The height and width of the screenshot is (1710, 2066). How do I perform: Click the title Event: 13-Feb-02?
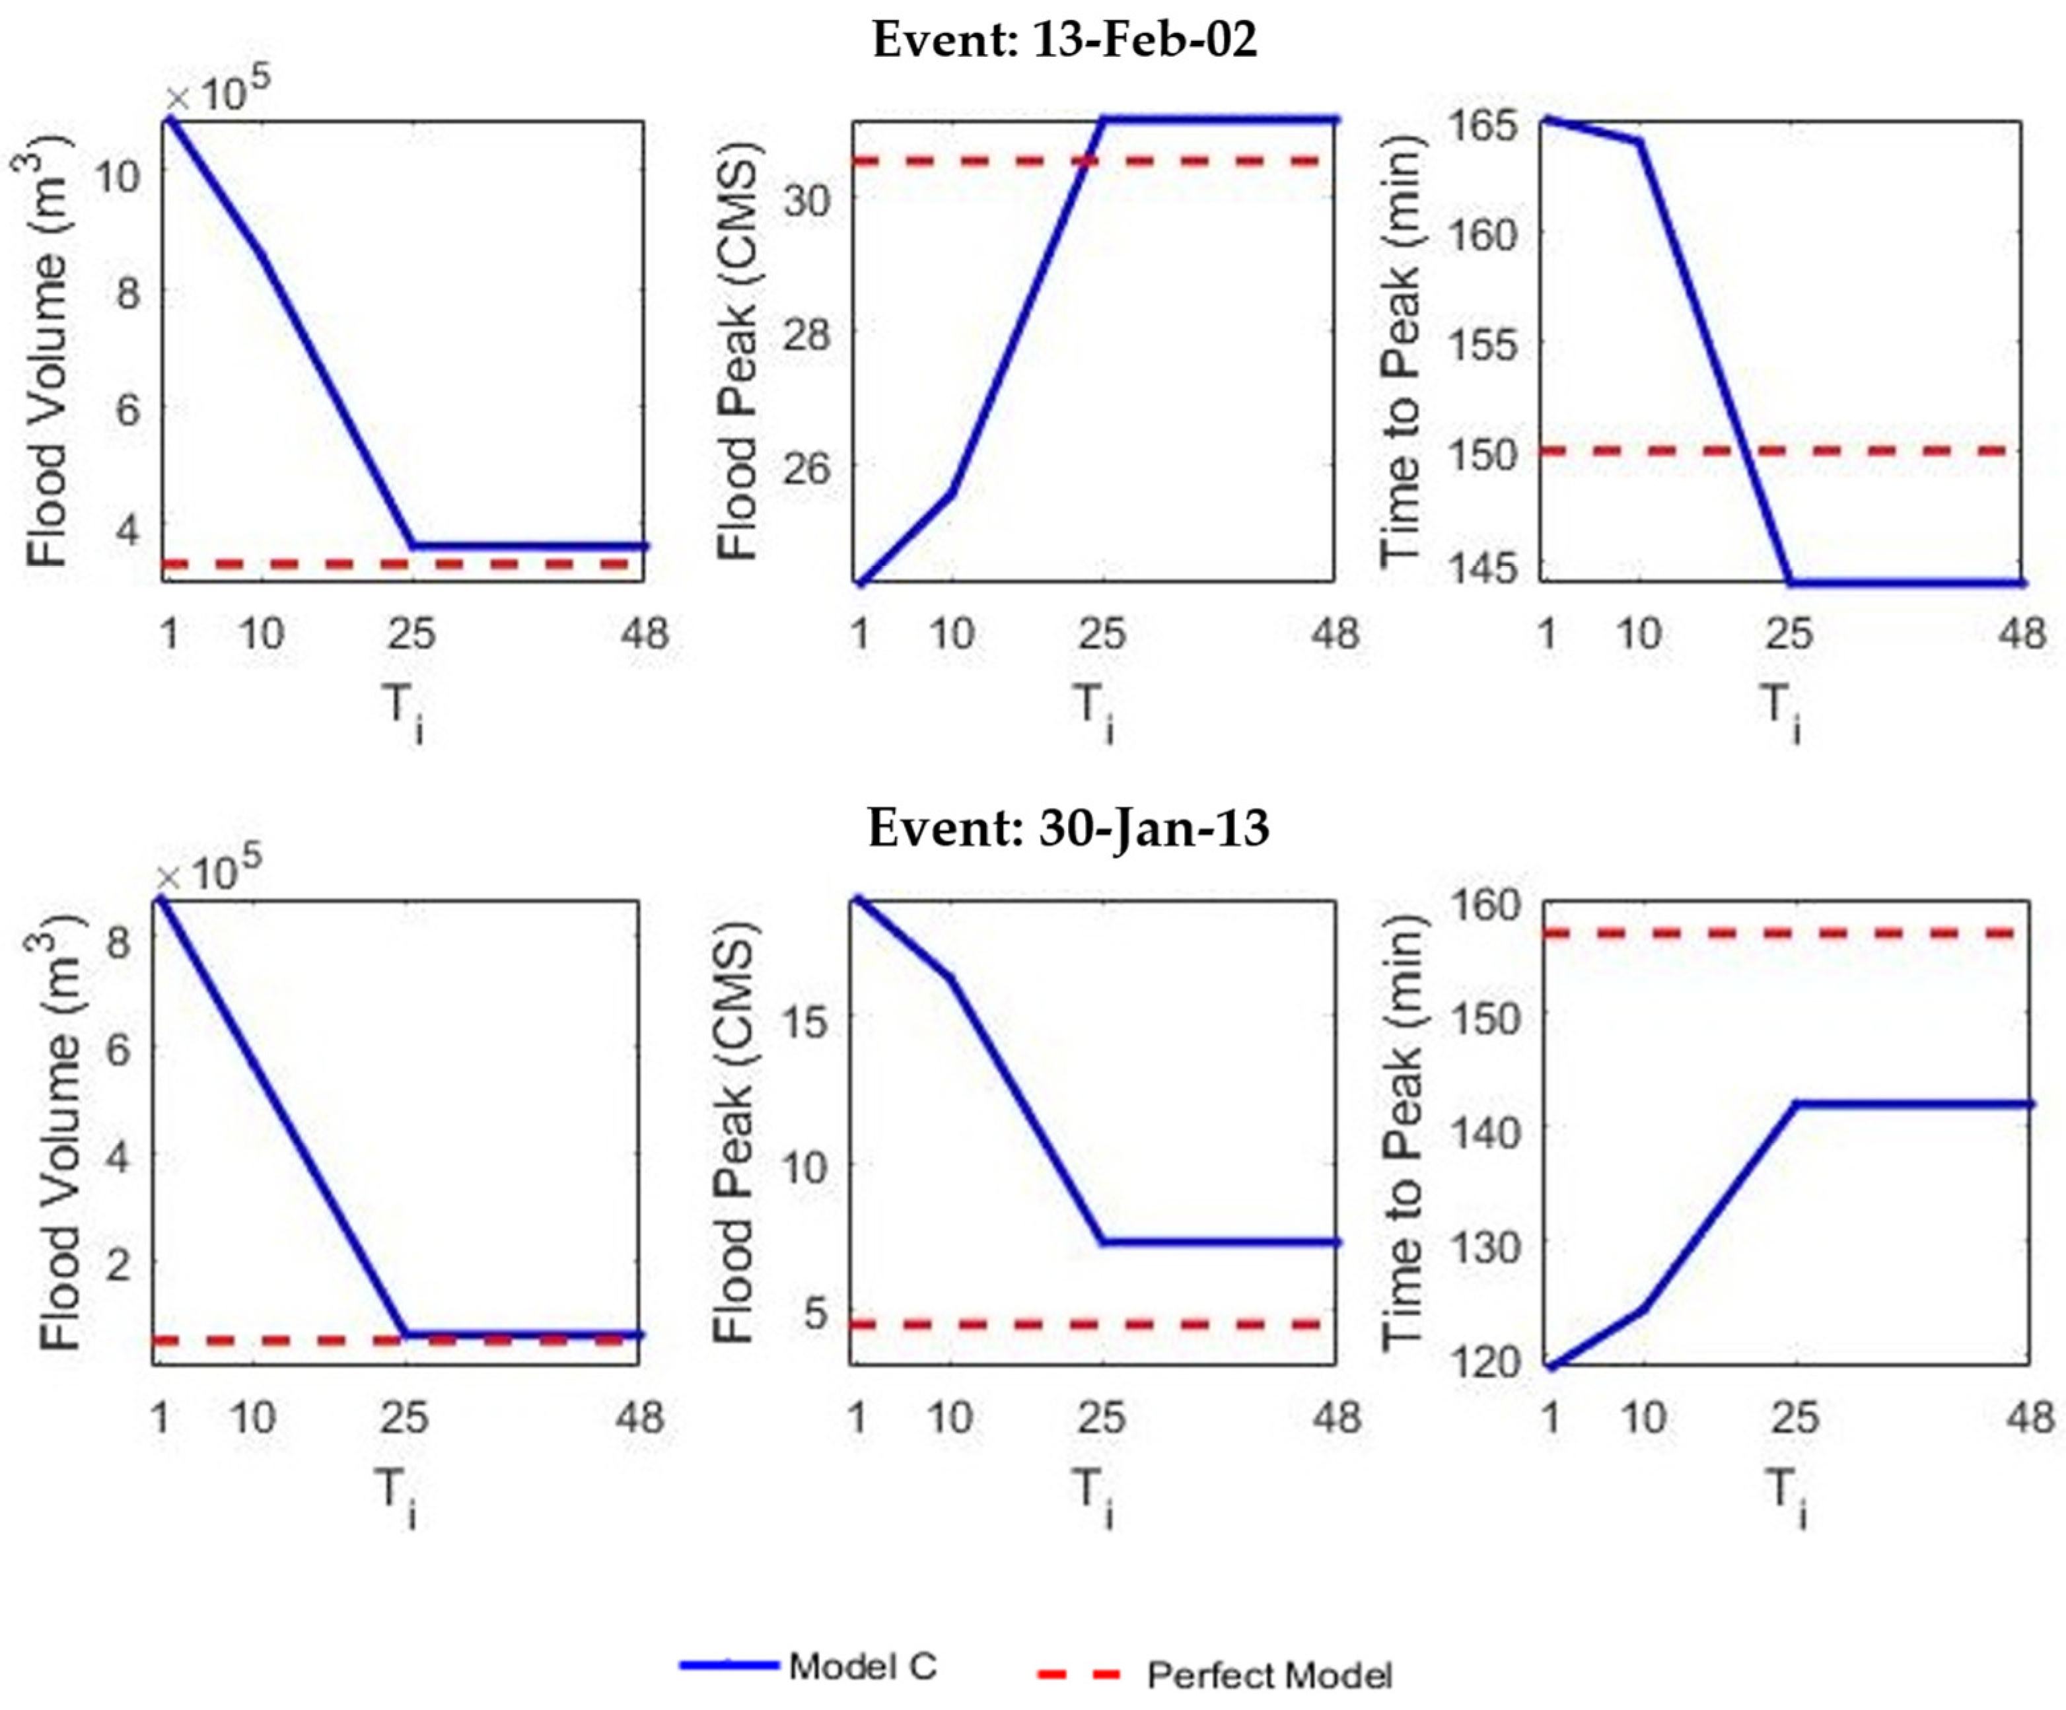point(1065,42)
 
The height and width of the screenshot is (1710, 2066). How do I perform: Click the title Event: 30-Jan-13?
point(1069,828)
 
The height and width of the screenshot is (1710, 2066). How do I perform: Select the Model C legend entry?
point(862,1666)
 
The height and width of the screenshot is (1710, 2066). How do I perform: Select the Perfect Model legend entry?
point(1269,1674)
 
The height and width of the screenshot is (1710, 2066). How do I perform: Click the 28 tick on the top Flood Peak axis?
point(806,332)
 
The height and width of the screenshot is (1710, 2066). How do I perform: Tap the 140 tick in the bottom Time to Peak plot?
point(1485,1129)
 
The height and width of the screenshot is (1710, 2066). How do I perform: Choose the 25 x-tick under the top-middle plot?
point(1101,633)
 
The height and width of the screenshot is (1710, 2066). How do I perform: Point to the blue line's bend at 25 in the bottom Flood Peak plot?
point(1103,1242)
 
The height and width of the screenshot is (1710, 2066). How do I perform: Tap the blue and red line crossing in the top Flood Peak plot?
point(1086,160)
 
